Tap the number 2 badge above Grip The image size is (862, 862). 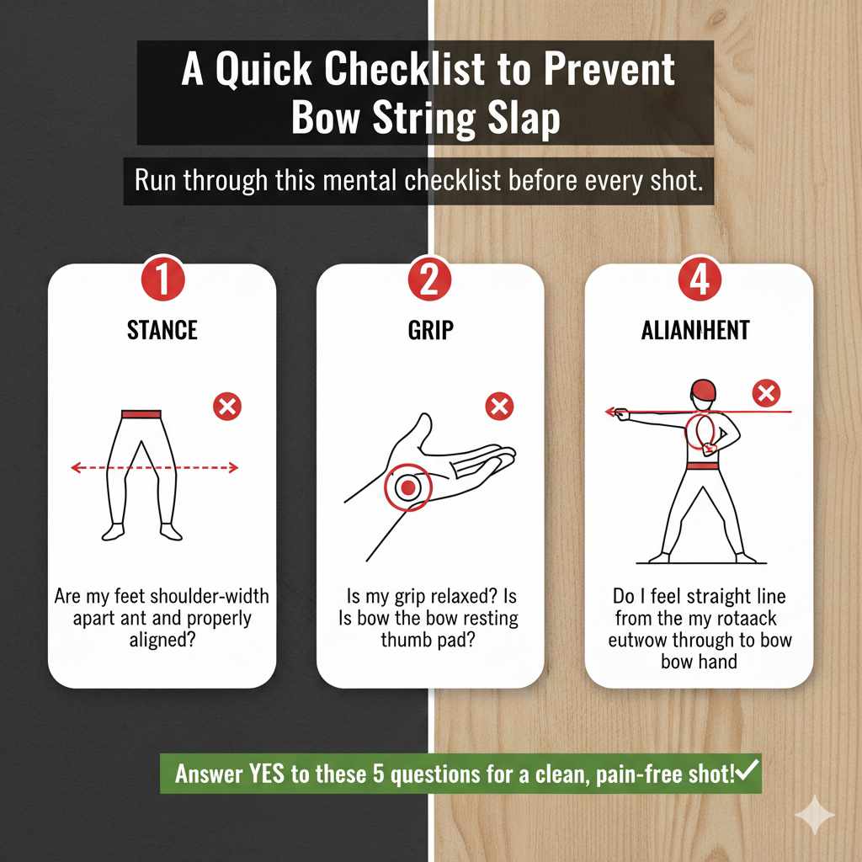coord(429,281)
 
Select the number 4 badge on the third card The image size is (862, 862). coord(698,281)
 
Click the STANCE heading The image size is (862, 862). coord(161,330)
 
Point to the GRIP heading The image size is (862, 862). coord(429,330)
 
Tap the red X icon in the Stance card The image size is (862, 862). coord(226,407)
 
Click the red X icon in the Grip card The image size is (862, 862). coord(499,407)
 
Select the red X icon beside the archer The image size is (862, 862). coord(766,393)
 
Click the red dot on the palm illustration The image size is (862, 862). coord(407,487)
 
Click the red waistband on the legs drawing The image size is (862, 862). coord(141,414)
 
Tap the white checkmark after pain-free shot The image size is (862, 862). coord(748,770)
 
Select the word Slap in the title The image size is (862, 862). coord(522,119)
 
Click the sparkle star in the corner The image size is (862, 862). coord(815,815)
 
